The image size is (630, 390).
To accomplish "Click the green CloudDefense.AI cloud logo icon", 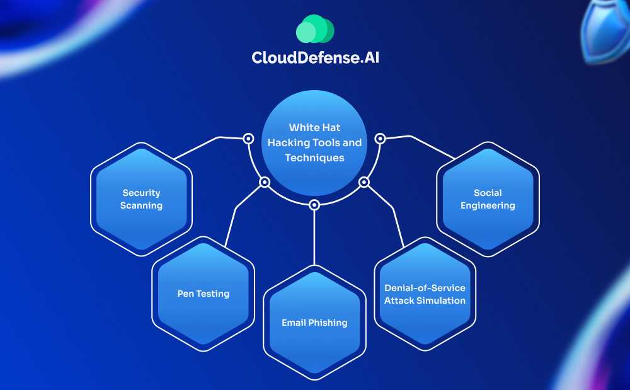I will [x=314, y=30].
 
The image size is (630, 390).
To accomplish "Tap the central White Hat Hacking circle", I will [x=314, y=142].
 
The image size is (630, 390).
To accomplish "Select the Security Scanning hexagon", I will [x=141, y=199].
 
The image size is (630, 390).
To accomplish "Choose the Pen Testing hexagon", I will [x=203, y=293].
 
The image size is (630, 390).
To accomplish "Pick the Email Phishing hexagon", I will [x=314, y=323].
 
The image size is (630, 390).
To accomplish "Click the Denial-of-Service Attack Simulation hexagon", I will [x=425, y=294].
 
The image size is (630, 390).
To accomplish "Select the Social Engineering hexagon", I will [x=488, y=199].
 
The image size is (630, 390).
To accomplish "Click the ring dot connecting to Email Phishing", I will [x=314, y=205].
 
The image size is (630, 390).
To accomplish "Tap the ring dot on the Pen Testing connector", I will [x=265, y=183].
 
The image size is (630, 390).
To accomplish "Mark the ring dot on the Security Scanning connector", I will [x=248, y=138].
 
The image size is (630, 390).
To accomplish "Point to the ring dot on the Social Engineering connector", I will [x=380, y=138].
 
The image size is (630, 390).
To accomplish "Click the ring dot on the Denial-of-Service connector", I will [x=364, y=183].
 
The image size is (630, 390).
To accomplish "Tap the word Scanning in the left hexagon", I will [x=142, y=205].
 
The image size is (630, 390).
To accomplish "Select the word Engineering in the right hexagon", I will [x=488, y=205].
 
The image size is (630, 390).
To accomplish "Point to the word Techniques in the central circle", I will [x=314, y=158].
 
